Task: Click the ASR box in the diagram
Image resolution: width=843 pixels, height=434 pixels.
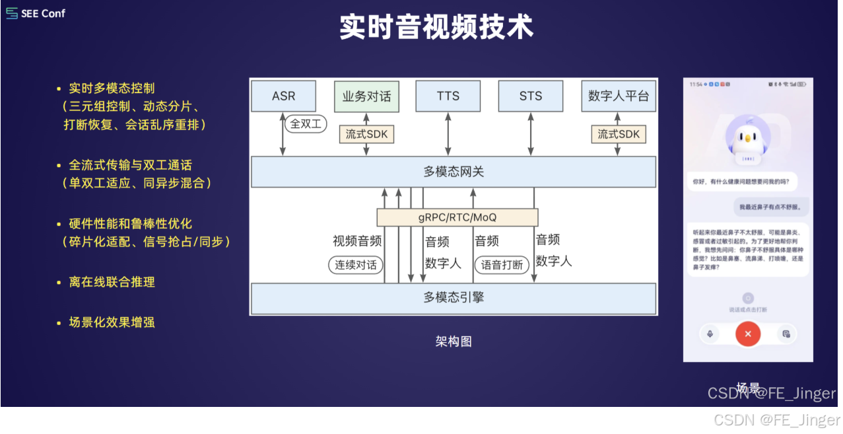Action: (284, 96)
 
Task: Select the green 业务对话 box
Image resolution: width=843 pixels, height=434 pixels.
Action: (366, 96)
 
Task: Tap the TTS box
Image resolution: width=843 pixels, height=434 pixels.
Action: (448, 96)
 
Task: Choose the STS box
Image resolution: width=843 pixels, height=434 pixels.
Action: (530, 96)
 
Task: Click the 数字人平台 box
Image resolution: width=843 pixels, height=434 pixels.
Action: (619, 96)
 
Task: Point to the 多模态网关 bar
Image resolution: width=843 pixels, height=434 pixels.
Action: (454, 172)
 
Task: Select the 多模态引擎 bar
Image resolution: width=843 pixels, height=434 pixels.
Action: (454, 297)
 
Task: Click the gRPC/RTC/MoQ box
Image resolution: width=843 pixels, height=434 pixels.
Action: (457, 217)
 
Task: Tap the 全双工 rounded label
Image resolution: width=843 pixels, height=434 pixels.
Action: (306, 124)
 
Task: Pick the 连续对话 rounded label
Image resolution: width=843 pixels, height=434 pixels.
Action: (356, 266)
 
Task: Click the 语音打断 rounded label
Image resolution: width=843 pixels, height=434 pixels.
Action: (502, 266)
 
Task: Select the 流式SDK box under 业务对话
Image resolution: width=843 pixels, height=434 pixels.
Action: (366, 135)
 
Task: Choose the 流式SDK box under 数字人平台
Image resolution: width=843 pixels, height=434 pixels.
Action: (619, 135)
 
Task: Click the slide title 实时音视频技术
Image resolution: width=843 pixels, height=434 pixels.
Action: (436, 28)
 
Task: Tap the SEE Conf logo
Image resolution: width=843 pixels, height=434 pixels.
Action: (36, 13)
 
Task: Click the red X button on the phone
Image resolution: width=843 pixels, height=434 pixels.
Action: (748, 334)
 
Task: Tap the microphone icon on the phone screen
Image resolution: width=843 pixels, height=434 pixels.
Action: (710, 334)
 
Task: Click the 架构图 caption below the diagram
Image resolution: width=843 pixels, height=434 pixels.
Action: (454, 342)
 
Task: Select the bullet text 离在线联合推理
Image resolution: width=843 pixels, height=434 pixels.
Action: (112, 282)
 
